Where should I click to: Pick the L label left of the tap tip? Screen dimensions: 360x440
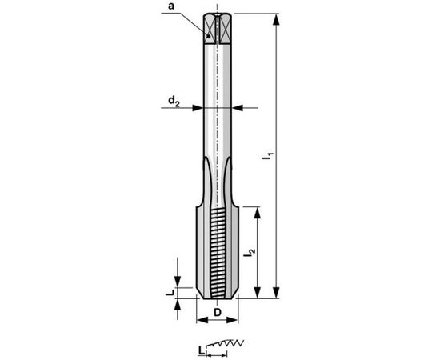click(170, 294)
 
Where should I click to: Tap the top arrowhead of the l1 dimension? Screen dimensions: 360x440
click(276, 18)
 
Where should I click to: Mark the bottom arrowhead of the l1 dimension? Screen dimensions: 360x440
click(276, 293)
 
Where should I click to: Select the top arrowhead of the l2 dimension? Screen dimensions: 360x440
click(258, 210)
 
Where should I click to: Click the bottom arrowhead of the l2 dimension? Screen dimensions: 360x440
click(258, 293)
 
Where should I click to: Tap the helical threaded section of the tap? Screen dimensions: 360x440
click(218, 248)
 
